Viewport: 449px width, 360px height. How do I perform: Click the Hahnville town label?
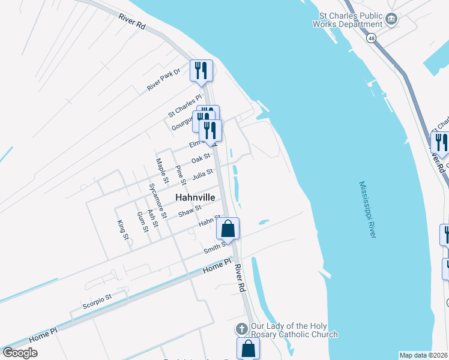(x=195, y=197)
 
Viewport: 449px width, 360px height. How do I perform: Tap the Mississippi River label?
(x=367, y=209)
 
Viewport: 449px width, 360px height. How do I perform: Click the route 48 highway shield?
(x=373, y=38)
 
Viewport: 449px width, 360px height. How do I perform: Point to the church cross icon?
(x=241, y=329)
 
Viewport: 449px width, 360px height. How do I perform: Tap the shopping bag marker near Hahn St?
(x=228, y=229)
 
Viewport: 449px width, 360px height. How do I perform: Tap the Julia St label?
(x=202, y=175)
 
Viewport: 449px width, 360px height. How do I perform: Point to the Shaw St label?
(x=189, y=210)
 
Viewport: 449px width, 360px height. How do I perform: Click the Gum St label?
(x=142, y=223)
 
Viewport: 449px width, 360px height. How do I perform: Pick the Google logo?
(x=20, y=352)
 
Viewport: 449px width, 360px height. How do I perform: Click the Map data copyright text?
(x=424, y=355)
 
